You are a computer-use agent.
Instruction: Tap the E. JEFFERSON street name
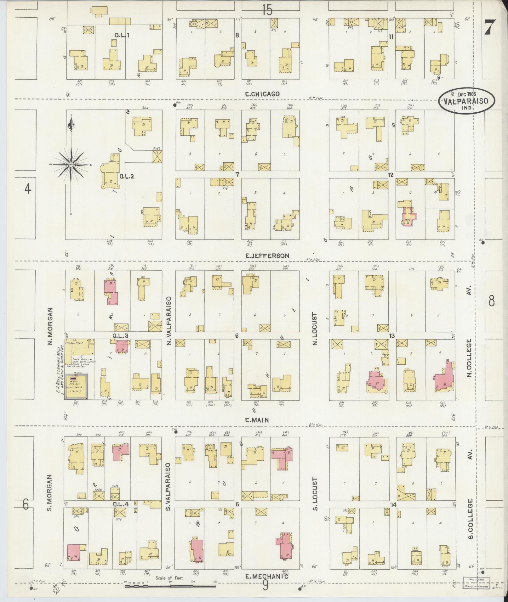pos(267,256)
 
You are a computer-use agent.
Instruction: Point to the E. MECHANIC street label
pos(267,577)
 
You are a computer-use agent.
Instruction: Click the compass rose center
pos(71,165)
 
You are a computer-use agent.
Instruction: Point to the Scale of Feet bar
pos(170,586)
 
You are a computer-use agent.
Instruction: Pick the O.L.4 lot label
pos(121,504)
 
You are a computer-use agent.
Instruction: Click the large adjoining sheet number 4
pos(28,189)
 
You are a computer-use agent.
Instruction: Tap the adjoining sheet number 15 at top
pos(266,10)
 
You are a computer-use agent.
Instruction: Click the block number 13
pos(391,336)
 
